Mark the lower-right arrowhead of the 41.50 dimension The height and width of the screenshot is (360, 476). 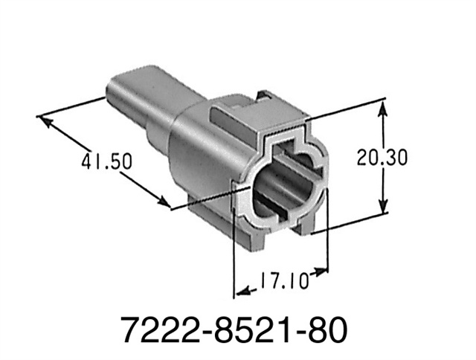tap(165, 202)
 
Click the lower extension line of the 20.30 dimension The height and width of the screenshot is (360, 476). tap(350, 223)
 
